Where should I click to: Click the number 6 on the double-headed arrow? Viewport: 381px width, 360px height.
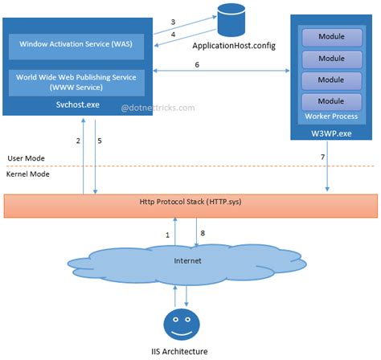(219, 64)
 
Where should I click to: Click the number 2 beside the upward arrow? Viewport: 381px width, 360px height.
(78, 141)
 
